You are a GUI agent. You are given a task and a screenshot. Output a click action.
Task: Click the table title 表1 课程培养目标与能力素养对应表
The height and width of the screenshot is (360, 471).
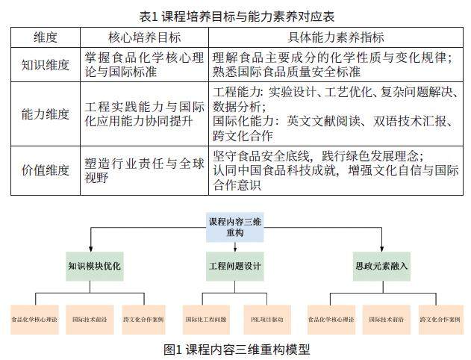(x=236, y=13)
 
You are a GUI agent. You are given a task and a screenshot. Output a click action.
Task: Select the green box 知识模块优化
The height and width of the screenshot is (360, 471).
(x=94, y=265)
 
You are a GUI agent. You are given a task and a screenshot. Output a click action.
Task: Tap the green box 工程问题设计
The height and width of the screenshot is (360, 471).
(x=235, y=265)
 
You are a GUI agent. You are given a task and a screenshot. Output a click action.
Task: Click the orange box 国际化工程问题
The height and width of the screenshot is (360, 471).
(x=205, y=319)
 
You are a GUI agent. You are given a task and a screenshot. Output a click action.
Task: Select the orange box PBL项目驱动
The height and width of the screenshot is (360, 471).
(x=267, y=319)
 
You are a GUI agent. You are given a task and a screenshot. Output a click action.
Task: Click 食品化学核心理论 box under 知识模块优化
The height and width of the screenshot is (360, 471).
(x=35, y=319)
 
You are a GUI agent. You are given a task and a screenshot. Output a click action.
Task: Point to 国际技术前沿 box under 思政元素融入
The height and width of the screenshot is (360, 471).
(x=386, y=319)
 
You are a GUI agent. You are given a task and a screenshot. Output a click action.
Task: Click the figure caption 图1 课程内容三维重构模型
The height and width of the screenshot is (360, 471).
(x=236, y=348)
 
